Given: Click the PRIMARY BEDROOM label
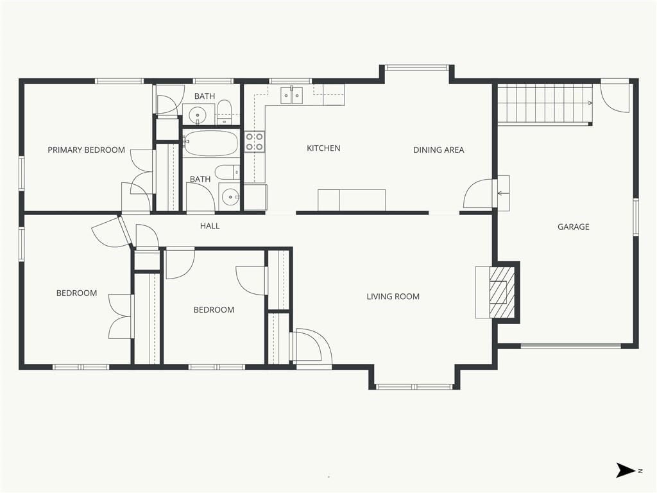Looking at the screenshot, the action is tap(87, 150).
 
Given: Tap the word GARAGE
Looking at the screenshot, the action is tap(573, 227).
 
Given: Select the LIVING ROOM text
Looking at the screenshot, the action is tap(393, 297).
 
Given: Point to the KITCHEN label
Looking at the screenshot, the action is tap(323, 148).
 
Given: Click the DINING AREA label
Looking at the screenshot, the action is tap(439, 150).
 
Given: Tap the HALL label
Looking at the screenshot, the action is tap(210, 226).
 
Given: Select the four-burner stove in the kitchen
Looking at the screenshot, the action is tap(255, 142).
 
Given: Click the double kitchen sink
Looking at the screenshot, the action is tap(292, 95).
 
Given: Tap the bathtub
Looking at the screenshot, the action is tap(210, 143).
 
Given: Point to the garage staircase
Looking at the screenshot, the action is tap(545, 103).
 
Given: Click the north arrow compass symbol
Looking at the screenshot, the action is tap(625, 470).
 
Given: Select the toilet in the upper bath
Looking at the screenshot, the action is tap(224, 111).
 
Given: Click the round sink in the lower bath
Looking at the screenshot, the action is tap(230, 196).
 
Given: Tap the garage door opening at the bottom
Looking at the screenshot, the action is tap(570, 346).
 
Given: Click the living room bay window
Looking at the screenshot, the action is tap(414, 386).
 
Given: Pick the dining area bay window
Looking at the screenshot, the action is tap(416, 67).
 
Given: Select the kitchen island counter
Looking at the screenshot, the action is tap(352, 200).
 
